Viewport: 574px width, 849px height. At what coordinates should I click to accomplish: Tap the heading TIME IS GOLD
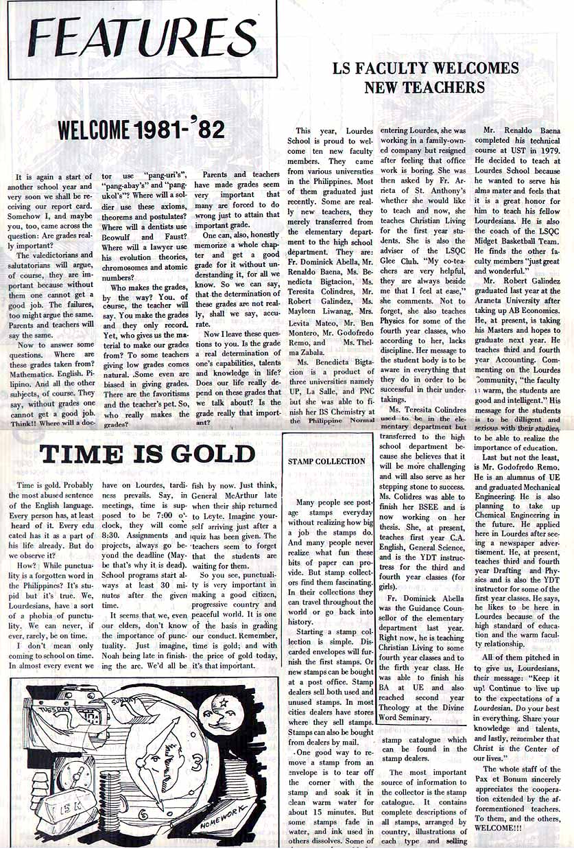point(147,454)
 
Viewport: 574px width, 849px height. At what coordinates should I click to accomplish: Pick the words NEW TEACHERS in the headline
point(424,87)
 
